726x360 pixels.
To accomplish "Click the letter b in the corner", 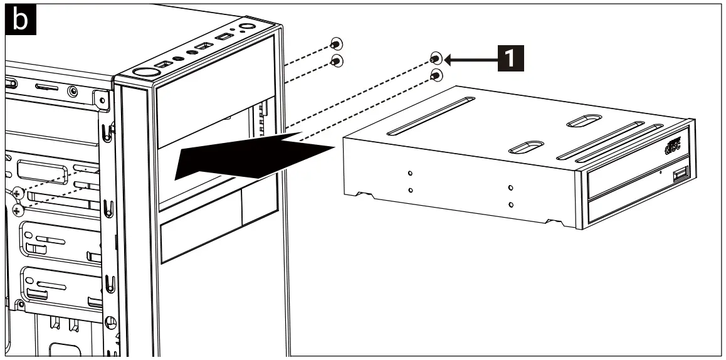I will pyautogui.click(x=21, y=20).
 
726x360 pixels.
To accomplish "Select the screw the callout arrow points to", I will pyautogui.click(x=436, y=59).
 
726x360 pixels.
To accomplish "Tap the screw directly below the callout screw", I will pyautogui.click(x=436, y=75).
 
